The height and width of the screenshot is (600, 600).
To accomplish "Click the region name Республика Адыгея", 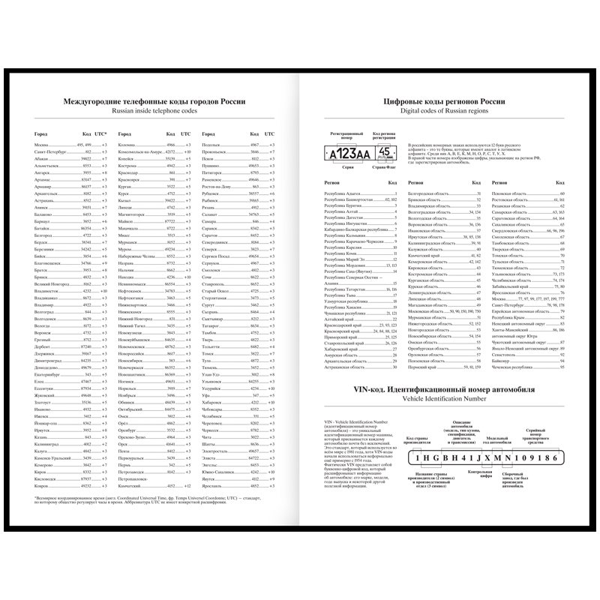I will (x=342, y=193).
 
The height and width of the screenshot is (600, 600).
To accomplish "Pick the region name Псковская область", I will (x=509, y=193).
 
